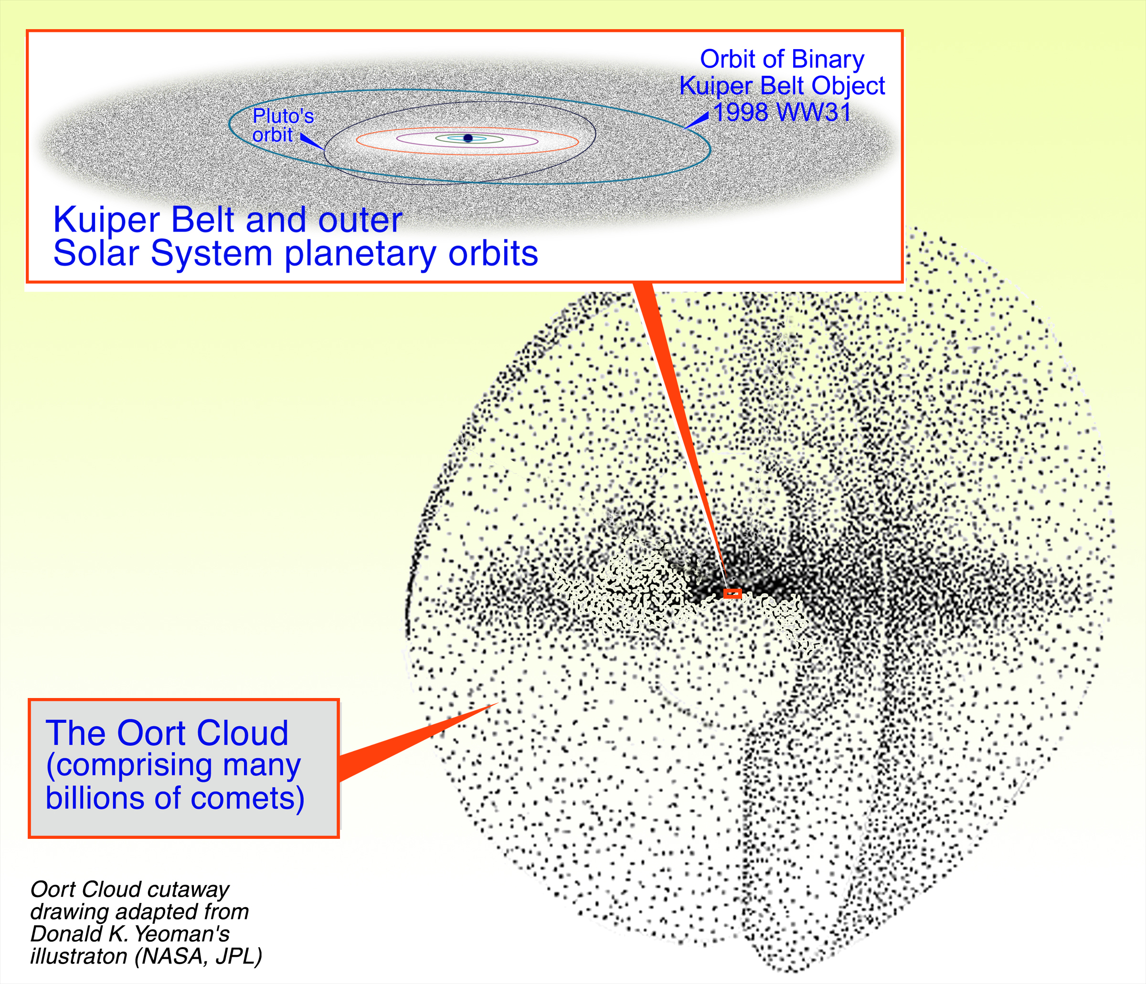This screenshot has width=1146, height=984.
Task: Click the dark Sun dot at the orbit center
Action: (x=468, y=138)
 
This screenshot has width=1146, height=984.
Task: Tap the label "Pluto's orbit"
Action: (x=283, y=125)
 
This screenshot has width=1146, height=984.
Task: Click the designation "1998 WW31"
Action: (x=782, y=112)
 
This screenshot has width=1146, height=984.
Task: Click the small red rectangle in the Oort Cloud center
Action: (x=732, y=593)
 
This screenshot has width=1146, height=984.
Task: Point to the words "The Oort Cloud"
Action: (x=167, y=733)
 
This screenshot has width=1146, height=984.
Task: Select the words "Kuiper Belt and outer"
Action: (x=227, y=220)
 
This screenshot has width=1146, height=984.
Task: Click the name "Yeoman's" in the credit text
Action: (x=182, y=934)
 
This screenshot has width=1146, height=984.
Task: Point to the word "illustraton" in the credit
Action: (x=78, y=956)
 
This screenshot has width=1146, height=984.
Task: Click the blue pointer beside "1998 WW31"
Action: (x=698, y=120)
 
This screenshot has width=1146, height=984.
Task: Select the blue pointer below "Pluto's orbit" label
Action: (x=311, y=141)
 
